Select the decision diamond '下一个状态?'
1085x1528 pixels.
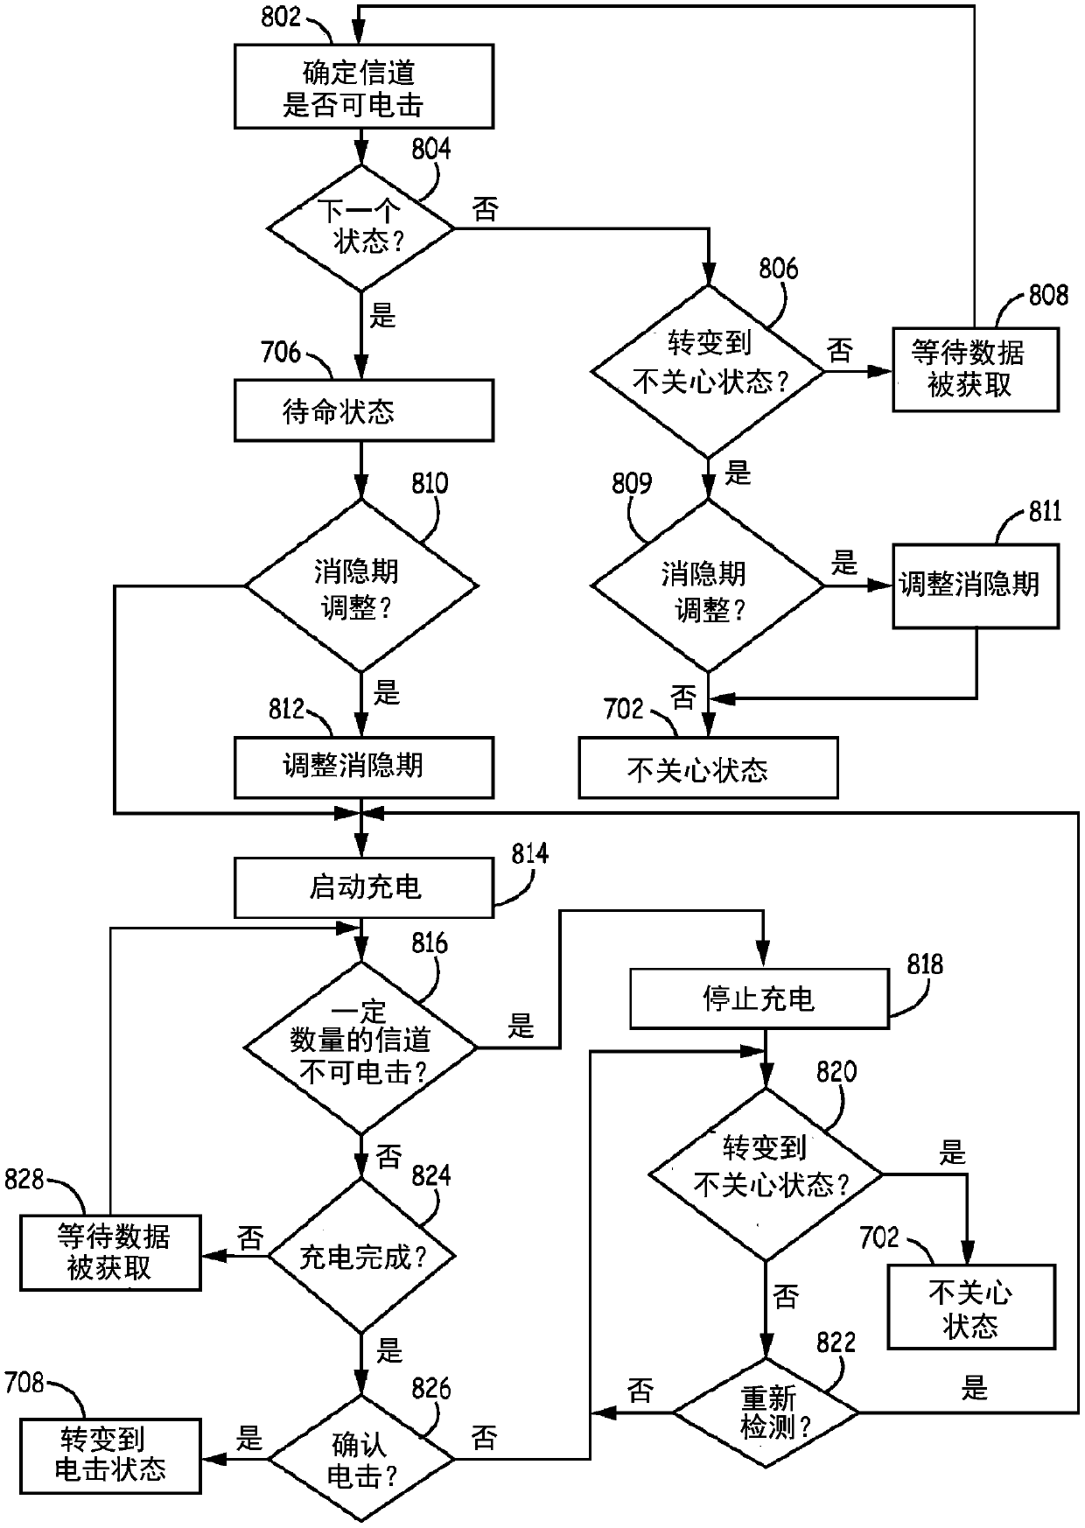(360, 228)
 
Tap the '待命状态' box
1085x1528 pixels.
(363, 410)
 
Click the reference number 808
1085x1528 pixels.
(1048, 295)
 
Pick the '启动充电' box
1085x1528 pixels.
(363, 887)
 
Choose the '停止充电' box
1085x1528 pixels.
(759, 998)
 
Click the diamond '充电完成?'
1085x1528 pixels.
(360, 1257)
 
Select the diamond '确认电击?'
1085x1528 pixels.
(360, 1459)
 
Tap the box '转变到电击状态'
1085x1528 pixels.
(110, 1455)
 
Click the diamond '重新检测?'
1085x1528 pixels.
(766, 1412)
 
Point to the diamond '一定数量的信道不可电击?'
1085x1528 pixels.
(360, 1047)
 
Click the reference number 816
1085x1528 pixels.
(429, 943)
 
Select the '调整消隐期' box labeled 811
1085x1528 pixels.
(976, 586)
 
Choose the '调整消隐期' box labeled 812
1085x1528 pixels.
(363, 768)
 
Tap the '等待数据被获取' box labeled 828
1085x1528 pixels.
(110, 1253)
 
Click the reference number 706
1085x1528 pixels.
(280, 353)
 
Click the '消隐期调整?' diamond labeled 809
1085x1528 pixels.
(708, 585)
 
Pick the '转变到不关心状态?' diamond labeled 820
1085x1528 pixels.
(766, 1174)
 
